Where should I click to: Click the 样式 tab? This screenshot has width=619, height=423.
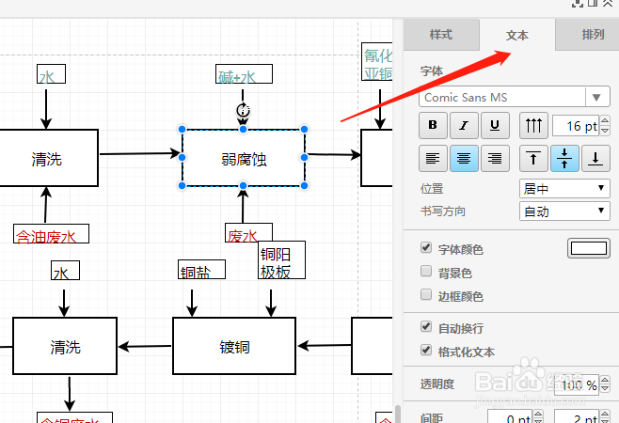click(440, 35)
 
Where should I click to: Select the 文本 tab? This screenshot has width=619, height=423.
click(516, 35)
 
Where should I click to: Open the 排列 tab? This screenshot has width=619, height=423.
click(593, 35)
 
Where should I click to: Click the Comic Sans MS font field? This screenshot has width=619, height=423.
click(502, 97)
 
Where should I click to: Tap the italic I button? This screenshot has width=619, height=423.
click(463, 125)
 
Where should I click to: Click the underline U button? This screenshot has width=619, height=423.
click(495, 125)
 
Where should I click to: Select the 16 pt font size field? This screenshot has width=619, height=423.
click(576, 125)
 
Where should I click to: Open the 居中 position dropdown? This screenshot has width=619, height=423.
click(564, 189)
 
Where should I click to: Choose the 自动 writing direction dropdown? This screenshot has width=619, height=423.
click(564, 211)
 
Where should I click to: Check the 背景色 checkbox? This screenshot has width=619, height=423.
click(426, 273)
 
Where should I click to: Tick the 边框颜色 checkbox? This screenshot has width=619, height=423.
click(426, 296)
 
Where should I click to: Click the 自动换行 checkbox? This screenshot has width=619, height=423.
click(426, 328)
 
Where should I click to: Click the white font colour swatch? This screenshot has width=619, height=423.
click(588, 248)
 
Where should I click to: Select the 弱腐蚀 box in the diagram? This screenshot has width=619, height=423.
click(243, 158)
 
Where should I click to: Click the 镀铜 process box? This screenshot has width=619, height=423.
click(229, 346)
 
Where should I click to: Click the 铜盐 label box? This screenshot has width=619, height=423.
click(199, 272)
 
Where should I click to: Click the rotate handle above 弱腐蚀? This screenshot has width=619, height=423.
click(243, 111)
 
